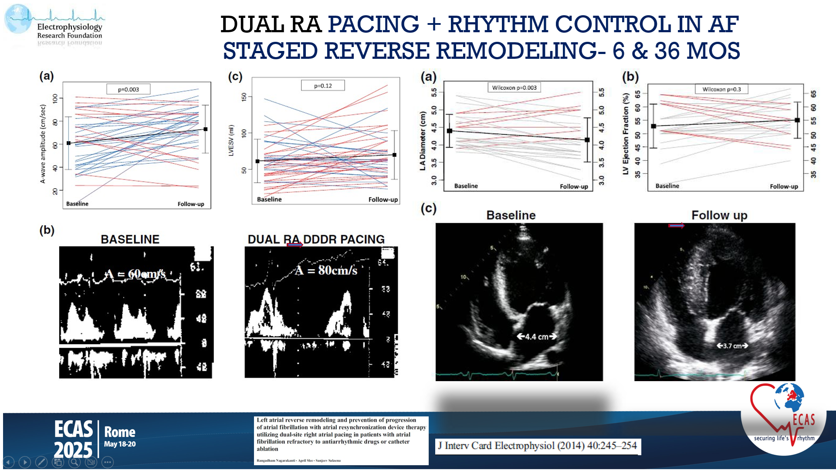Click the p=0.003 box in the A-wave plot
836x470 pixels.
click(x=129, y=89)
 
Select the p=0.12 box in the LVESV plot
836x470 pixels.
click(x=323, y=86)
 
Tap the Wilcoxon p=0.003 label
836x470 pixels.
click(x=514, y=88)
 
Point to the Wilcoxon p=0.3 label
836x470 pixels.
click(x=721, y=89)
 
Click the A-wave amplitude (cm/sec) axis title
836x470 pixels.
click(x=43, y=144)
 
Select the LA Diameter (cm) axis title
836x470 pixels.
click(x=422, y=141)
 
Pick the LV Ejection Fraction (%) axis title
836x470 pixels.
click(x=626, y=134)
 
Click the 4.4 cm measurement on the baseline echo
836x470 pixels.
click(x=537, y=336)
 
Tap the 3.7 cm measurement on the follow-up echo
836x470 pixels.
click(x=732, y=346)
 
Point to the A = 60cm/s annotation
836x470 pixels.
click(x=135, y=274)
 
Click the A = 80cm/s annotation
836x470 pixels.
click(x=326, y=271)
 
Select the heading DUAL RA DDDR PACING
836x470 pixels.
click(x=316, y=239)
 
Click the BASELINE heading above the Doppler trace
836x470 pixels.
click(x=130, y=239)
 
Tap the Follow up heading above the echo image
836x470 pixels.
click(x=719, y=215)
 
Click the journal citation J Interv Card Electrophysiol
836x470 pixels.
click(x=537, y=446)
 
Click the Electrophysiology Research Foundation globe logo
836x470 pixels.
click(x=18, y=19)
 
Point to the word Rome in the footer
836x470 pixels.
click(x=120, y=432)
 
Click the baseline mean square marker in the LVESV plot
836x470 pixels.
click(x=257, y=161)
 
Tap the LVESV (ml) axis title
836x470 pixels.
click(x=231, y=140)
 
